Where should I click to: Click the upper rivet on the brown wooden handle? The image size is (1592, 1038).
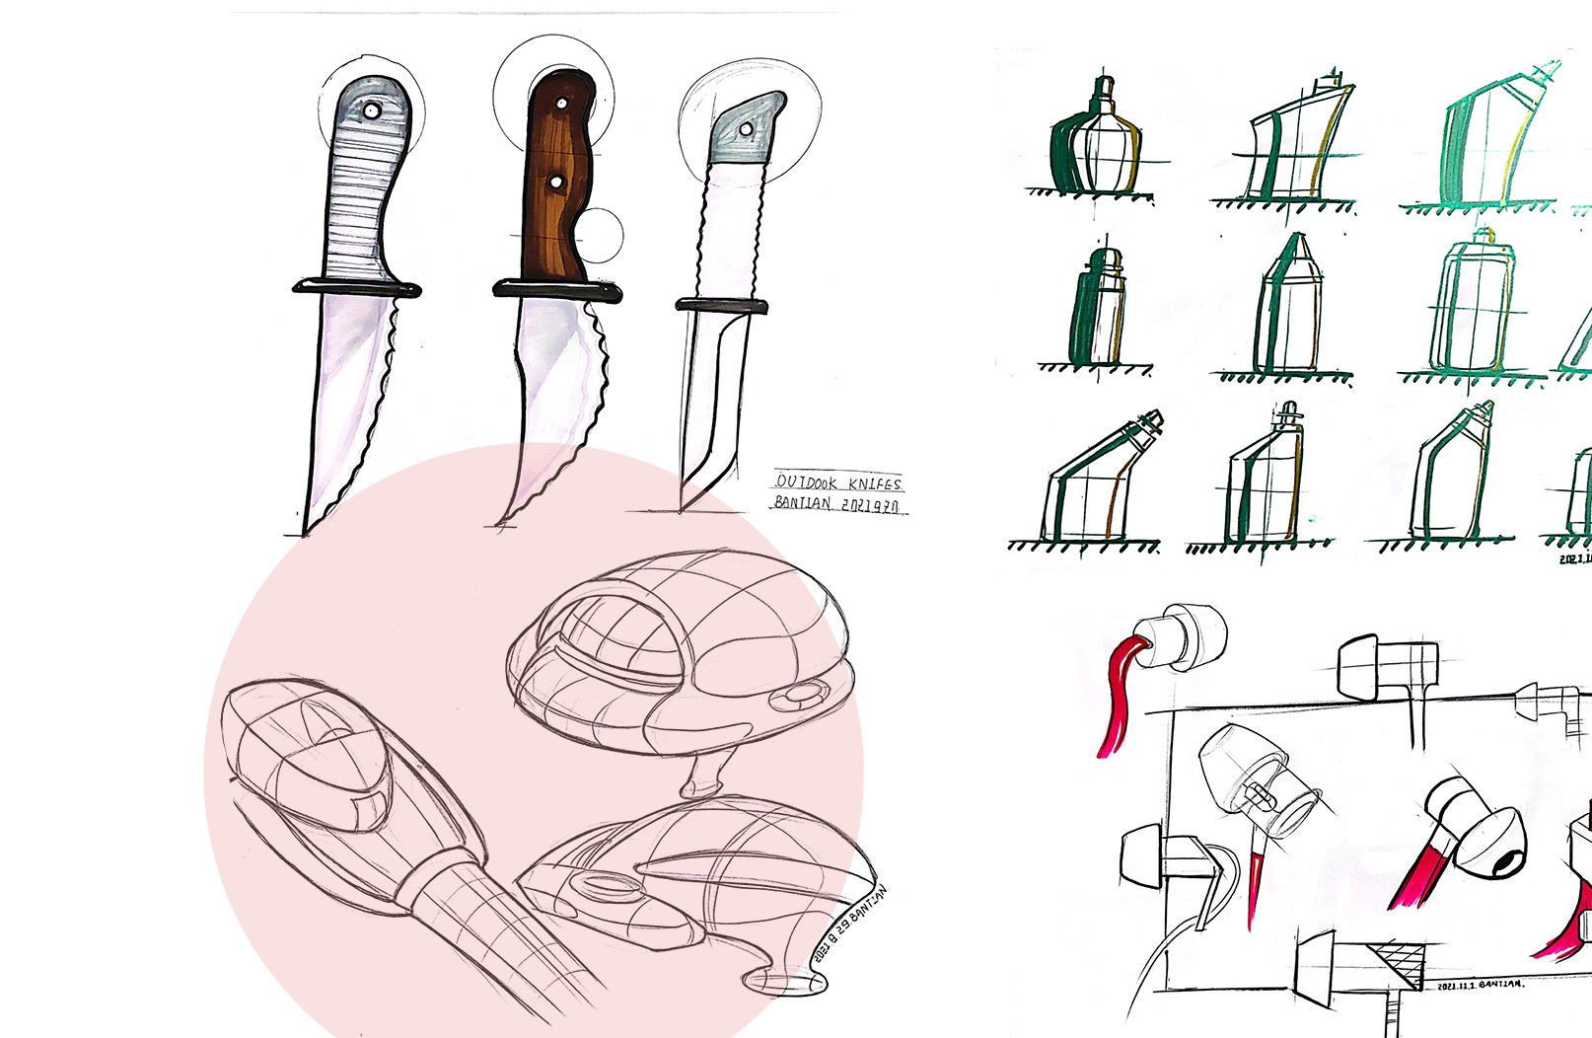tap(562, 103)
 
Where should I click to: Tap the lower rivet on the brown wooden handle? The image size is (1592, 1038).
tap(556, 183)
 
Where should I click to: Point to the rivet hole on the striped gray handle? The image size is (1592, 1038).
tap(371, 111)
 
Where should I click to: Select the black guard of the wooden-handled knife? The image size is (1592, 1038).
tap(557, 290)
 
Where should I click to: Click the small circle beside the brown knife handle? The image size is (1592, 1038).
tap(600, 236)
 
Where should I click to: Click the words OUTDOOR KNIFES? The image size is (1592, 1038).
tap(837, 482)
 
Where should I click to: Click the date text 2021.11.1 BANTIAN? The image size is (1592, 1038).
tap(1480, 985)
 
